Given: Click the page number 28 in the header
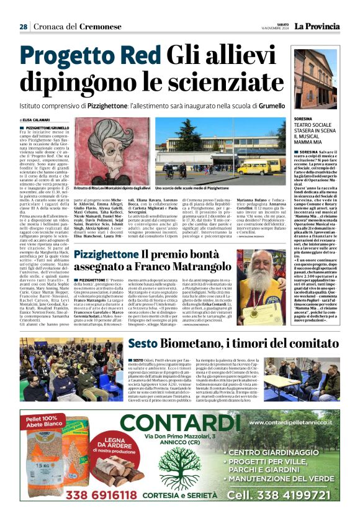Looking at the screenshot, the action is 23,27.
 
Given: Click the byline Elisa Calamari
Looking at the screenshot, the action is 37,120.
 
